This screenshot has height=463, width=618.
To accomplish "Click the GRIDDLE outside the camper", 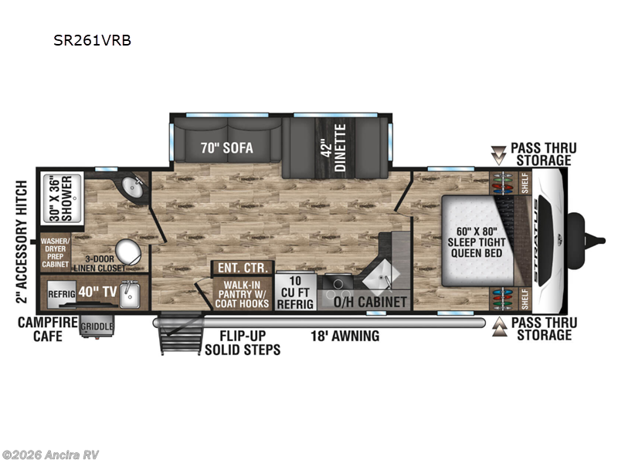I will [x=97, y=326].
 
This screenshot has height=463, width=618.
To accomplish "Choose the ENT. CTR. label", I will [x=243, y=269].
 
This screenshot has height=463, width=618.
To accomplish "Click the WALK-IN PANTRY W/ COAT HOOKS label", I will [x=243, y=295].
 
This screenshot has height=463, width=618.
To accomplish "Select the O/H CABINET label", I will [x=368, y=302].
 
